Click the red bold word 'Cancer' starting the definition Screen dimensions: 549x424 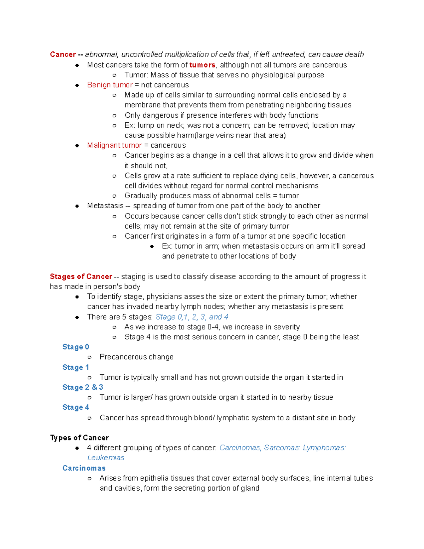point(63,54)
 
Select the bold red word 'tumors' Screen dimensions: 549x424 point(202,65)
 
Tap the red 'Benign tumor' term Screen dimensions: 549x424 point(110,85)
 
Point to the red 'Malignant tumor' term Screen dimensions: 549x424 point(114,145)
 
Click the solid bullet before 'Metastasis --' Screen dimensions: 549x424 point(77,206)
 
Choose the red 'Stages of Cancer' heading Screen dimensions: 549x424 point(81,276)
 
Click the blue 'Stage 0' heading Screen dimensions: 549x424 point(76,347)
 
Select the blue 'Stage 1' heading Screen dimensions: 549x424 point(76,367)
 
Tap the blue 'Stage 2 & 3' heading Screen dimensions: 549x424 point(83,387)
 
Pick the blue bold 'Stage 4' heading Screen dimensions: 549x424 point(76,408)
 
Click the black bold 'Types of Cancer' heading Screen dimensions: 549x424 point(79,438)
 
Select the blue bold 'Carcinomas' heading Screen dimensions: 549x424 point(84,468)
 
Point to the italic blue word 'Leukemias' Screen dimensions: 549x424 point(106,458)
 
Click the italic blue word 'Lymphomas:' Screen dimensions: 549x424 point(324,448)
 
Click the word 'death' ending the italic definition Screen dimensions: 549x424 point(354,54)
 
